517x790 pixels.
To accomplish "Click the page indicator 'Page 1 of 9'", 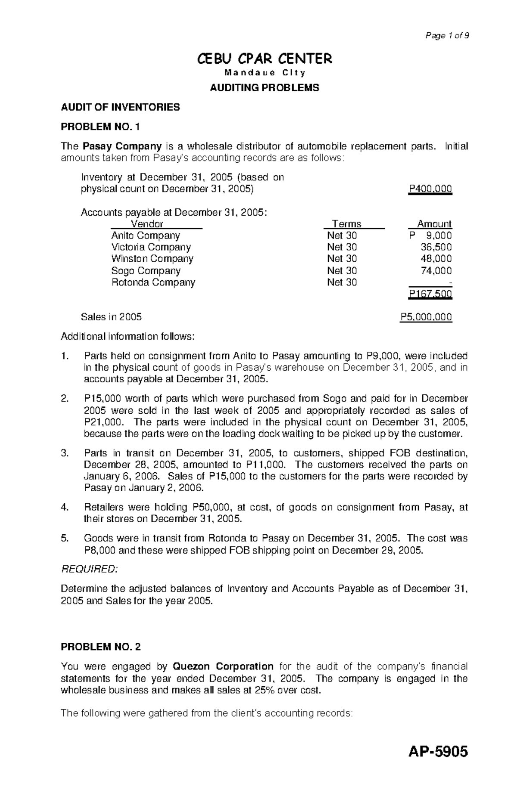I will click(447, 36).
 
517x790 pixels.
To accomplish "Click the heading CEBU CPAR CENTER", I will click(264, 59).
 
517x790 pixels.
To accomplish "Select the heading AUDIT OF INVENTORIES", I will click(120, 107).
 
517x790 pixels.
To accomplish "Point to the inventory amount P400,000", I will click(430, 189).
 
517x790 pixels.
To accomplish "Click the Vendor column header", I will click(147, 224).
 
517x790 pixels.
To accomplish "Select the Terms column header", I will click(347, 224).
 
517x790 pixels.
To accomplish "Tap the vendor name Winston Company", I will click(152, 259).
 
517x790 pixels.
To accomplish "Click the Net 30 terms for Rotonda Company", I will click(342, 282).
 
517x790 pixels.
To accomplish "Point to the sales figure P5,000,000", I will click(426, 317).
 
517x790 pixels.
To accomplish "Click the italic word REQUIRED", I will click(89, 569).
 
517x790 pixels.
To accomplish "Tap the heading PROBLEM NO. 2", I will click(100, 647).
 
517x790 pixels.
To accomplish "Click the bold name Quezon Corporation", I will click(223, 666).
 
